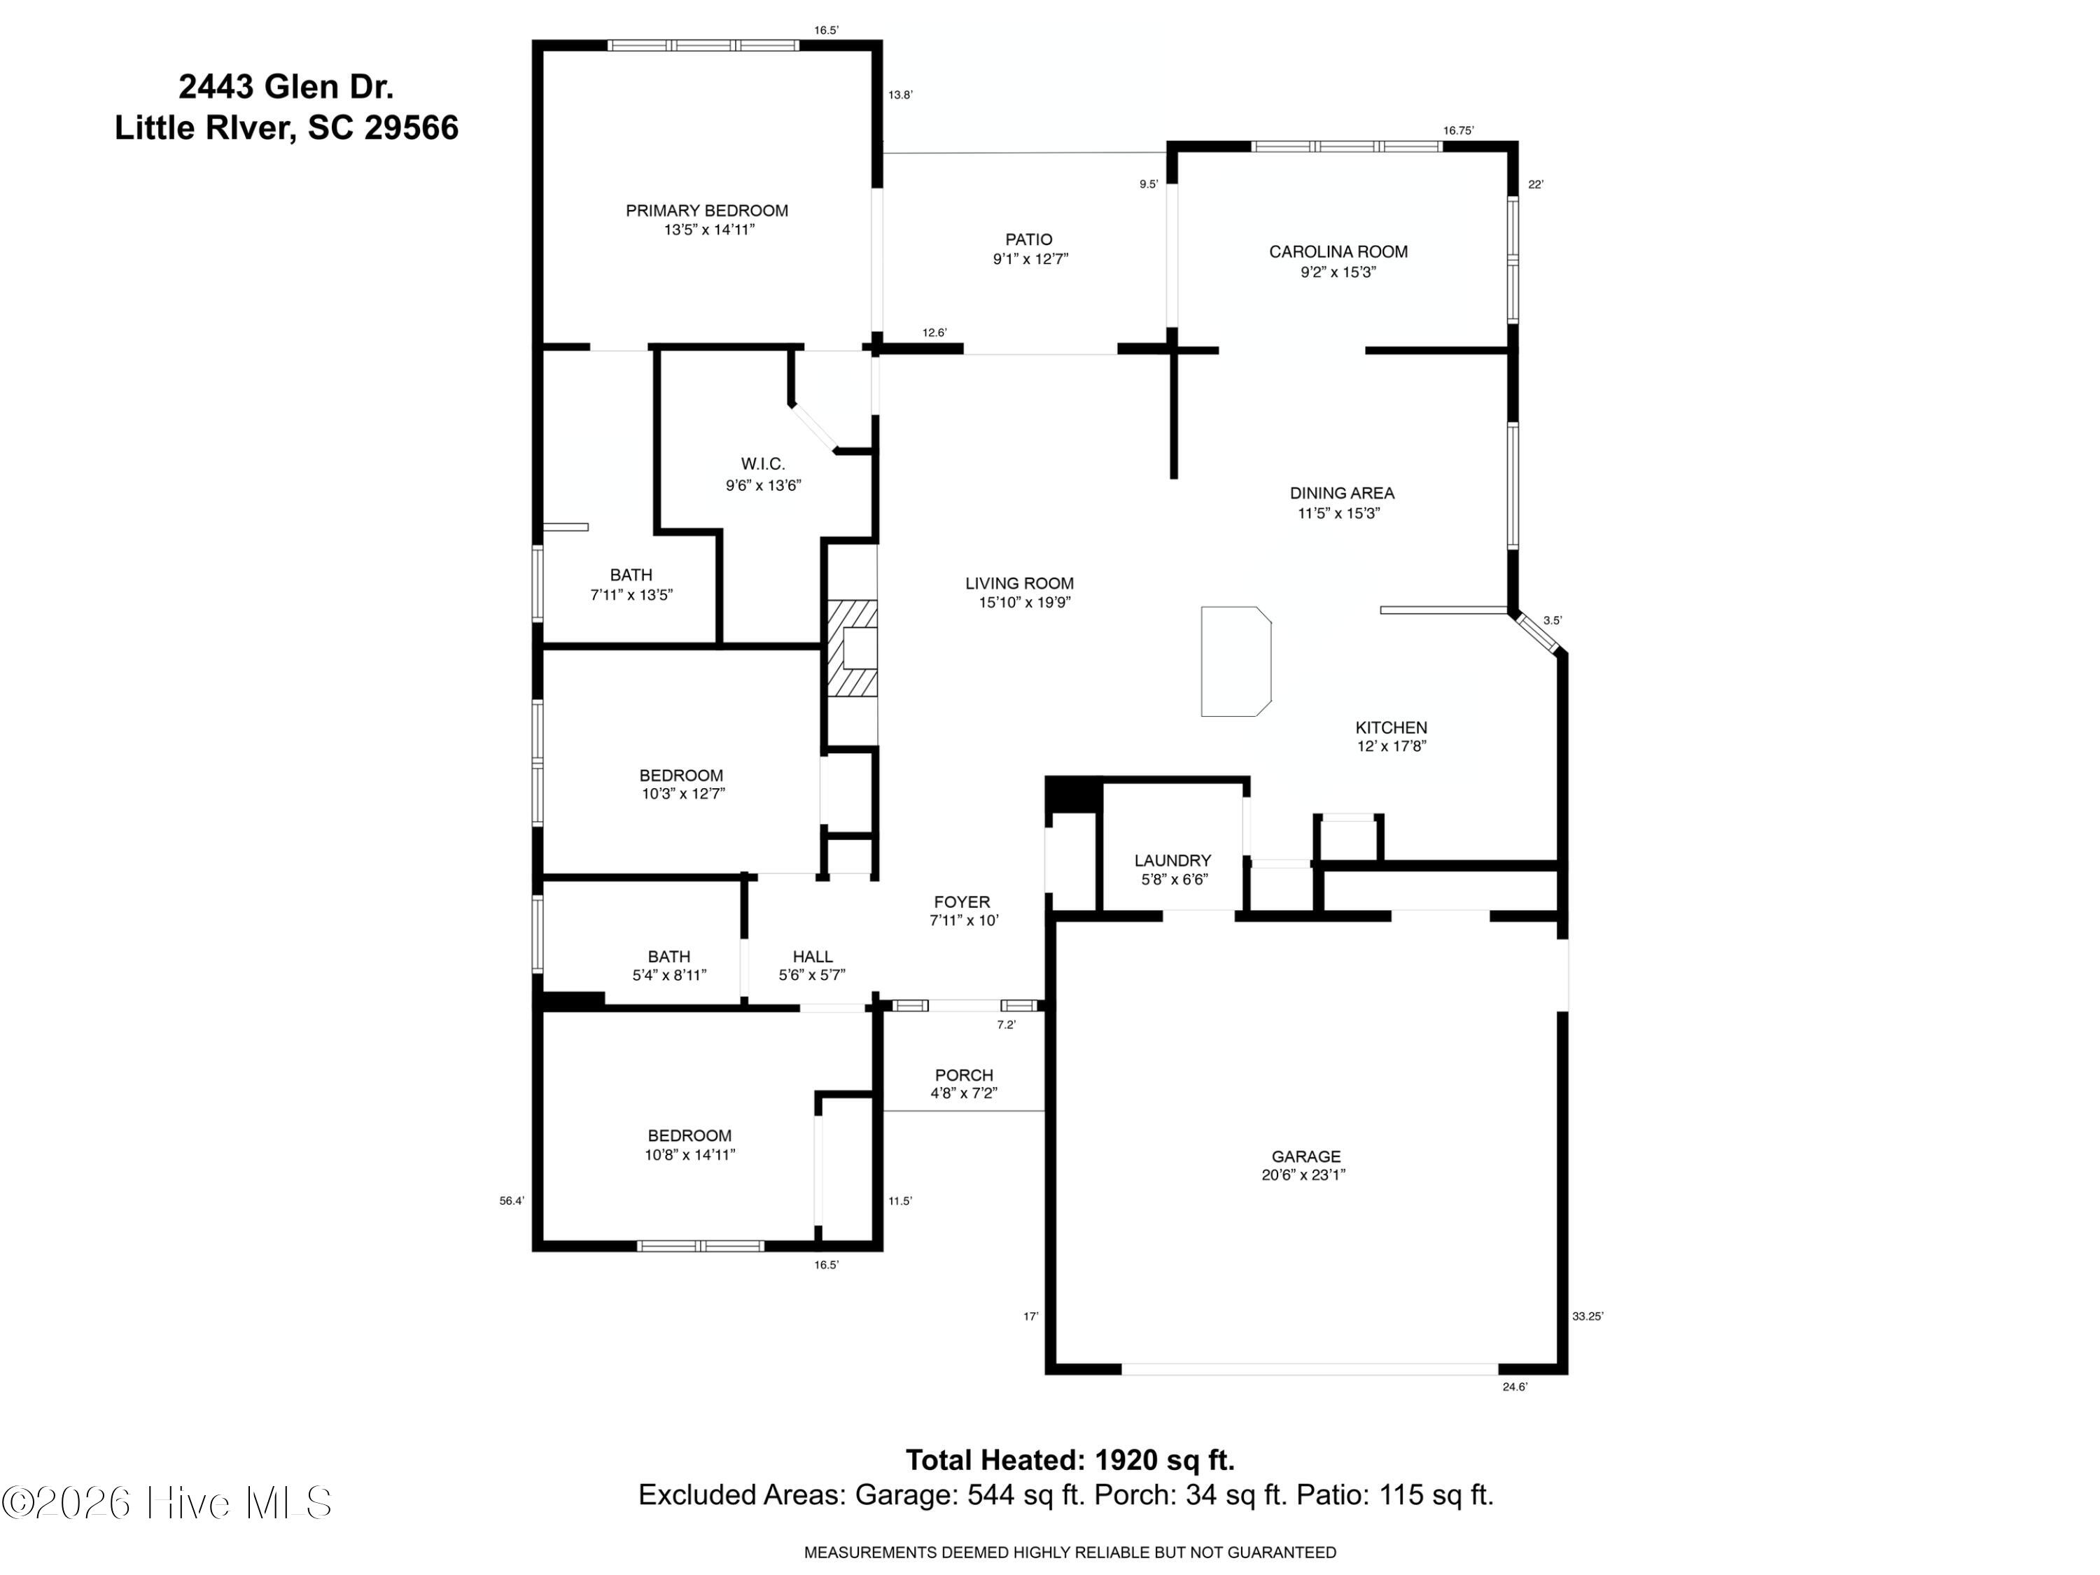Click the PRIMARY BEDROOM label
(706, 211)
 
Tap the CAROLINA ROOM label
(1338, 251)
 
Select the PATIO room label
(1029, 239)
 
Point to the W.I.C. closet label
(762, 463)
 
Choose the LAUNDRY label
(1172, 860)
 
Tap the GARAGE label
(1305, 1156)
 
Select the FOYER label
(962, 902)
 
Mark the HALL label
(813, 957)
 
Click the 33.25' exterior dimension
(1588, 1316)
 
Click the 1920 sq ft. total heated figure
(1165, 1459)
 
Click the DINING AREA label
(1341, 493)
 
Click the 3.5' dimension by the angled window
(1552, 620)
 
